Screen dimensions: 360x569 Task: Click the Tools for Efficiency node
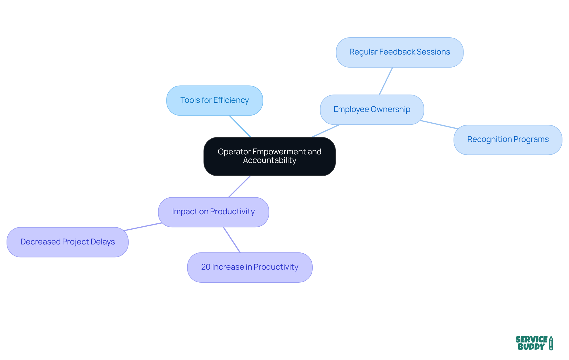215,101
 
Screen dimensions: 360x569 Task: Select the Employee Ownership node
372,110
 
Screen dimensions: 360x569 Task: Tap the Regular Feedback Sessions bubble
399,52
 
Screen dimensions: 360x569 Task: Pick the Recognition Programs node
508,140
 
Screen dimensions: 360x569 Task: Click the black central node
269,156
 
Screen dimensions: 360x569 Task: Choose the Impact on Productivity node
213,212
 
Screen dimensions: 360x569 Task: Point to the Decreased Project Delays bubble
68,242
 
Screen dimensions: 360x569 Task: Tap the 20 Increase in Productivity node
250,267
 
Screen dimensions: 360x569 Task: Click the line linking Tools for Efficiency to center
240,126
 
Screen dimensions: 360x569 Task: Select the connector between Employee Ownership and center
326,131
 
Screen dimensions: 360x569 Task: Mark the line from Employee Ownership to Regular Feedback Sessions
386,81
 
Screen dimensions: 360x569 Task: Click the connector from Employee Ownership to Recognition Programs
439,125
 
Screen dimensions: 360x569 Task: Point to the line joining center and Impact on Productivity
239,187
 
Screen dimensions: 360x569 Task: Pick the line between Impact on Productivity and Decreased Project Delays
143,227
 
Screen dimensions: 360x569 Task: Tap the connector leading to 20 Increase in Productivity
232,240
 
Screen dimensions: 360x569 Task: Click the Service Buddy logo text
531,343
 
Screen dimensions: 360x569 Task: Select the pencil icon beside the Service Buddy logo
551,343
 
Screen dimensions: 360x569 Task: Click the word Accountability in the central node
269,161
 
